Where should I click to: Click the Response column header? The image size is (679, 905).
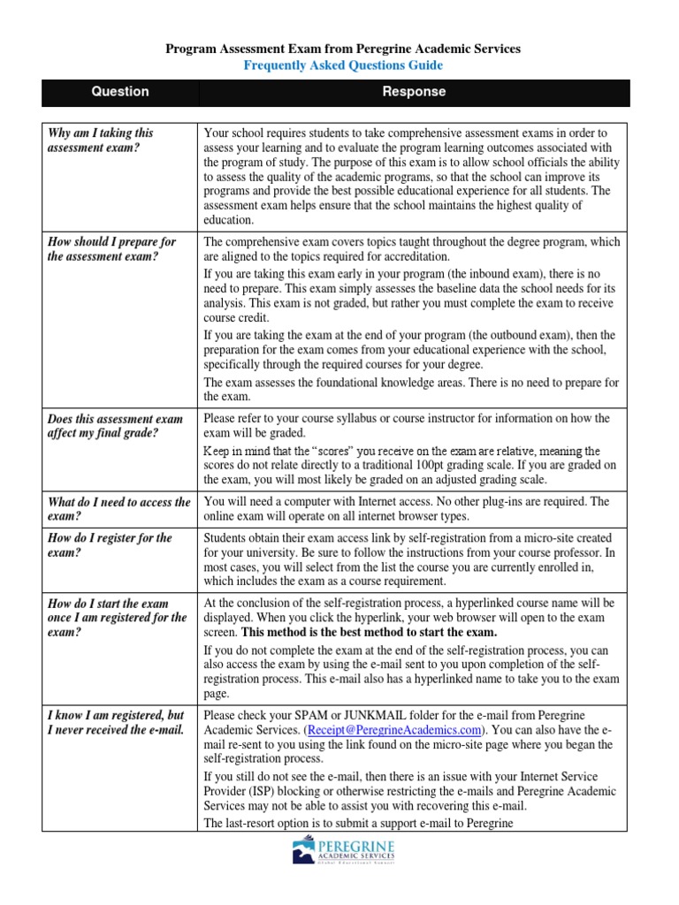pos(414,92)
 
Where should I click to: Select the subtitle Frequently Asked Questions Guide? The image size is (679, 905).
pos(344,65)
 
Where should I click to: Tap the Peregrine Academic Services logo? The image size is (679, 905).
pos(344,859)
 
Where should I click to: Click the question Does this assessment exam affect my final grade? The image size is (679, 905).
pos(115,426)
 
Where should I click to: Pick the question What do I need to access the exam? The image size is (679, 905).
pos(118,509)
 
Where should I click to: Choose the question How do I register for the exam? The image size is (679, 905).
pos(110,545)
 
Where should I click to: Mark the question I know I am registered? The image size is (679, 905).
pos(116,721)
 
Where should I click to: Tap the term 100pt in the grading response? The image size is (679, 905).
pos(484,465)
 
